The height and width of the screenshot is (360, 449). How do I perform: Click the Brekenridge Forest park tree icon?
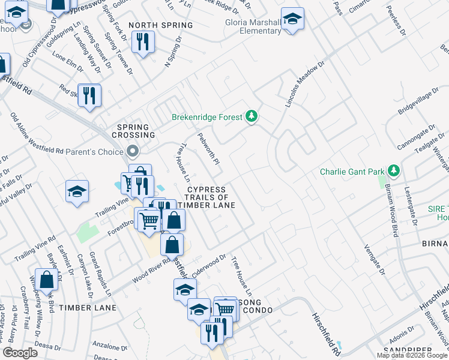252,116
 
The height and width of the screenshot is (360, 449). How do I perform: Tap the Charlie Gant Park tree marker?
393,172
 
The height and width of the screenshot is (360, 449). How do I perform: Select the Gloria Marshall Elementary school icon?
292,19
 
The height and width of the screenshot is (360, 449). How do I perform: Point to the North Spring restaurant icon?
142,41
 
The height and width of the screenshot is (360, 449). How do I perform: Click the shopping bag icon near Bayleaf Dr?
47,280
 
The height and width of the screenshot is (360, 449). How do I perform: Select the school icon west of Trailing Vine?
77,191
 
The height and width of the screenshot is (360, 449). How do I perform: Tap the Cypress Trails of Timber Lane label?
206,197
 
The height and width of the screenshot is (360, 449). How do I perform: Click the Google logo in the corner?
20,353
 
